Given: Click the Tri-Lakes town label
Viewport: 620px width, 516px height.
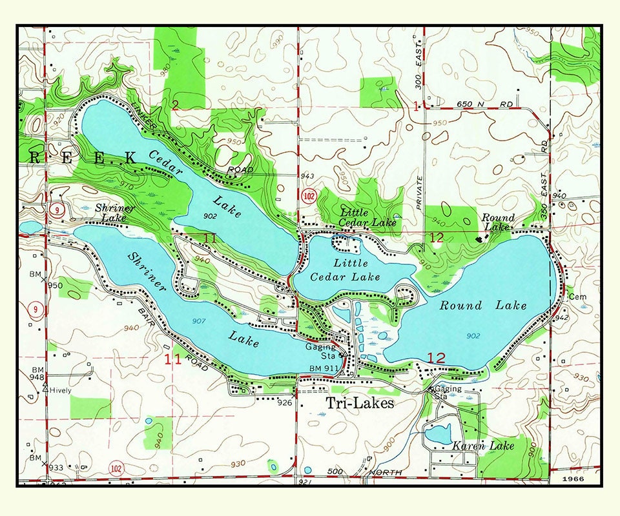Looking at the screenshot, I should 359,403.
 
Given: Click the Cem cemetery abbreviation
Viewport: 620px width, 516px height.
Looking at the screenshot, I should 576,297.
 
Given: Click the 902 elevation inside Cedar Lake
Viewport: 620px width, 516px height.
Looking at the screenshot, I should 210,215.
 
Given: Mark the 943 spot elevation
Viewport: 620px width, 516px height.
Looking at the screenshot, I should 307,176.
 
